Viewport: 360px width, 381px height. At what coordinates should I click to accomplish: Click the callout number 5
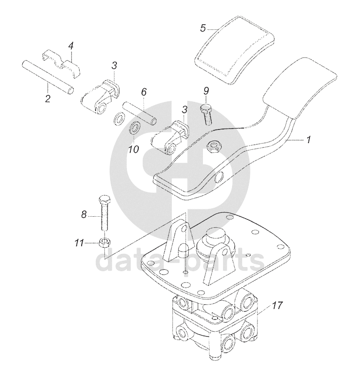point(203,28)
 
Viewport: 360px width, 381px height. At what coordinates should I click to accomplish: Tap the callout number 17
point(277,305)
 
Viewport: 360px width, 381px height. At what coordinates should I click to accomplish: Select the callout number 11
point(80,243)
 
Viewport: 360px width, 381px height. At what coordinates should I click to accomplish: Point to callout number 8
point(84,214)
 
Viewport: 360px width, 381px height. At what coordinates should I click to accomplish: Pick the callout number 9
point(206,91)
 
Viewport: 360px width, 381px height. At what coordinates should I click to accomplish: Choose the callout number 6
point(144,92)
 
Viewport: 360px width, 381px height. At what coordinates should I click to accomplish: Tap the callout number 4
point(71,46)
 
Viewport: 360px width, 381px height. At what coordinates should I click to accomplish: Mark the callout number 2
point(48,98)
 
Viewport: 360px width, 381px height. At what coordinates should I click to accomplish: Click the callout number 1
point(308,140)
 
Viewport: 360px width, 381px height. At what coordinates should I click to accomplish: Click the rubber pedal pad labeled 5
point(235,50)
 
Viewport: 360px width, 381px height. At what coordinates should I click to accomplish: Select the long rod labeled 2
point(48,77)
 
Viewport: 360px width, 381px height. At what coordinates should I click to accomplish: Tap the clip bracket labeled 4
point(62,64)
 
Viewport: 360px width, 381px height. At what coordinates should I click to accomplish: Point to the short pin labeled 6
point(140,113)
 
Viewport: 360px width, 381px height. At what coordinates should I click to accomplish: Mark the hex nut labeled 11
point(104,243)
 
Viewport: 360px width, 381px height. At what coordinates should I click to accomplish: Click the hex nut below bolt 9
point(213,147)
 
